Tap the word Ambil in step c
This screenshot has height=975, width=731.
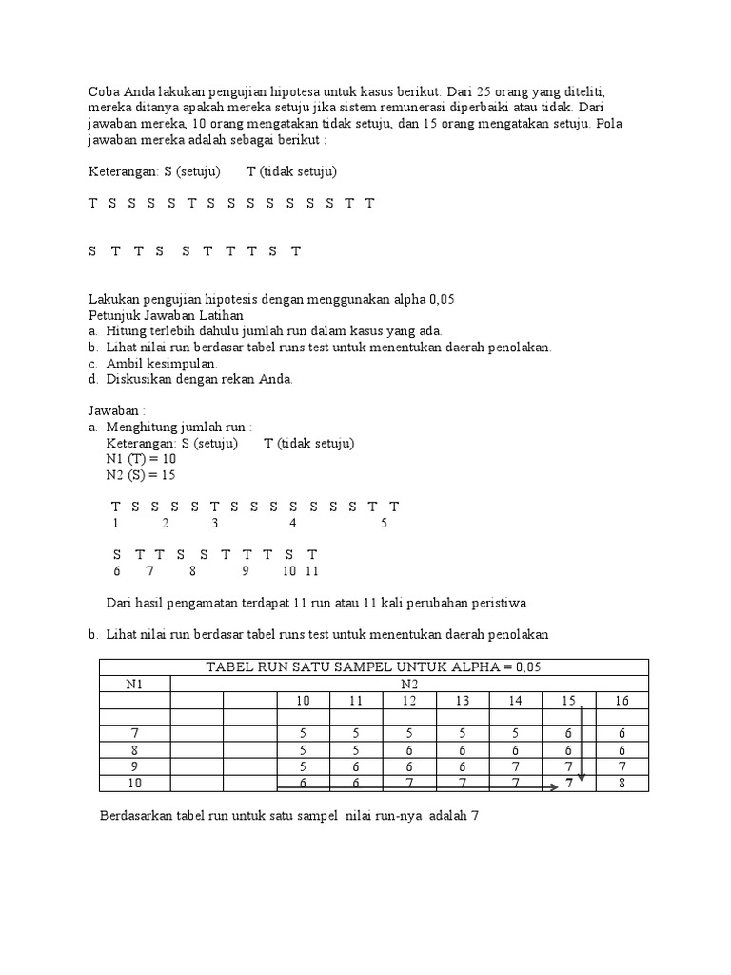click(x=124, y=363)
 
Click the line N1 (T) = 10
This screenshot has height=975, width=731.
click(x=142, y=459)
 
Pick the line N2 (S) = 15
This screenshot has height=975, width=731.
click(x=141, y=475)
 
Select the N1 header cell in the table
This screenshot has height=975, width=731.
click(x=134, y=684)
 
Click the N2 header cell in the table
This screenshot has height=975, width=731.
click(x=409, y=684)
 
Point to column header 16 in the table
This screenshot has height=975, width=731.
click(x=622, y=701)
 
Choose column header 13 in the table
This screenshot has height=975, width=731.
click(x=462, y=701)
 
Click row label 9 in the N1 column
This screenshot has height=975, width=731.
click(x=134, y=766)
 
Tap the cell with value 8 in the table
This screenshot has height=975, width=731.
click(x=622, y=783)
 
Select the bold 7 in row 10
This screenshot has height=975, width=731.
click(x=569, y=783)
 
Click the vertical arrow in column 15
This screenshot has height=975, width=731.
click(x=582, y=743)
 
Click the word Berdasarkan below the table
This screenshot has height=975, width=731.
click(x=139, y=816)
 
